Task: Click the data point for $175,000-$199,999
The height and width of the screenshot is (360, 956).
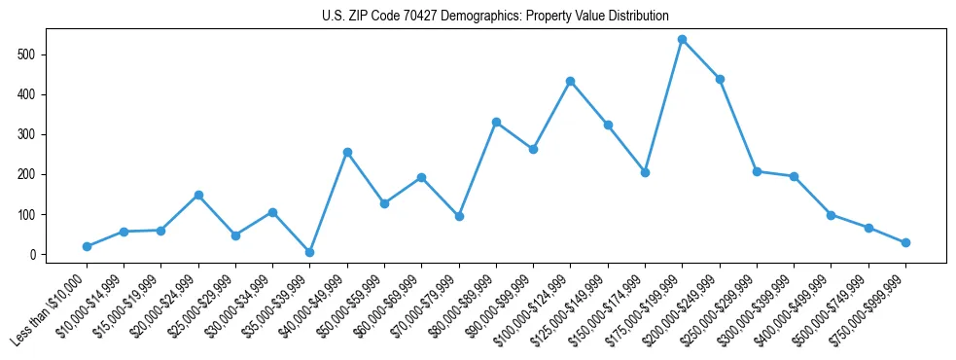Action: (x=683, y=40)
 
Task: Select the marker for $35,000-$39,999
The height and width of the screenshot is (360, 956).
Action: (x=310, y=252)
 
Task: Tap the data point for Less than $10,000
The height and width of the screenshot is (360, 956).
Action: (x=88, y=246)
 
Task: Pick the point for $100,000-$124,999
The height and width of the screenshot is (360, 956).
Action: (x=571, y=81)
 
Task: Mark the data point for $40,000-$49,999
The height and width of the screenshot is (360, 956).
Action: (x=347, y=152)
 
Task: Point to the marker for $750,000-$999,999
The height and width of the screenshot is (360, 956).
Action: (x=905, y=242)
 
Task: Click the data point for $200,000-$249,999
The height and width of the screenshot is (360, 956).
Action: (x=720, y=79)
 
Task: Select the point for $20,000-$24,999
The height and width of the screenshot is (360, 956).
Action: (x=198, y=195)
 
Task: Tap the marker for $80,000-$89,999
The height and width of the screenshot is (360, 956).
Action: (x=496, y=122)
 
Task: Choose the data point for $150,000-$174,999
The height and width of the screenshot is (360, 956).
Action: (x=645, y=172)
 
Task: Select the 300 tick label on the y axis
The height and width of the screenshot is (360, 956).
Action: (x=29, y=134)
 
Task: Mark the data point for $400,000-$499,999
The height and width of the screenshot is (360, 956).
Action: (x=832, y=215)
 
